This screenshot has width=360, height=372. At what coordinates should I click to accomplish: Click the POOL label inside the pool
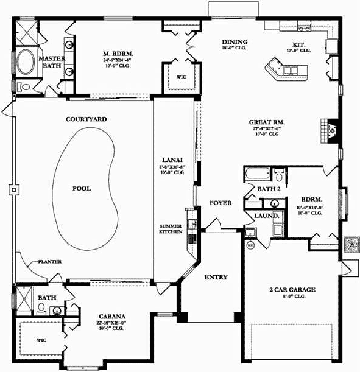click(82, 189)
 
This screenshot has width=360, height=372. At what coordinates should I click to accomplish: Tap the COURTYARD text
click(86, 119)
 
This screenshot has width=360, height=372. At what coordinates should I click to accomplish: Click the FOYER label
click(220, 203)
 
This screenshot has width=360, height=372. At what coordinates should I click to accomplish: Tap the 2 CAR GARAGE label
click(292, 290)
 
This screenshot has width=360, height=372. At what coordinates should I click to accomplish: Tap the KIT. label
click(298, 45)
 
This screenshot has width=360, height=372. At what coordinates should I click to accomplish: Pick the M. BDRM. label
click(118, 54)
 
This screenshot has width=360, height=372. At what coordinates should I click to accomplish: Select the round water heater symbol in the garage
click(250, 245)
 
